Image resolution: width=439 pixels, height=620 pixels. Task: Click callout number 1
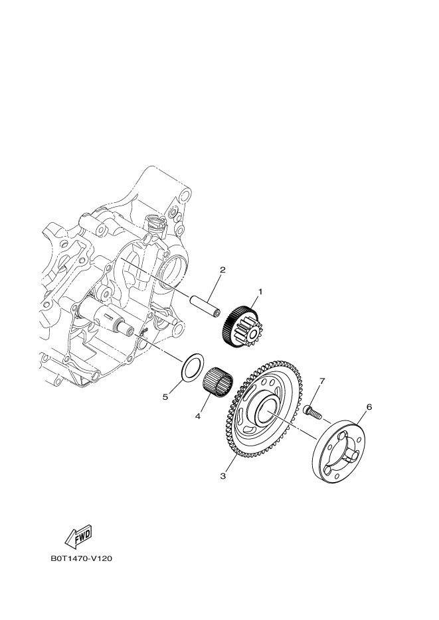(260, 291)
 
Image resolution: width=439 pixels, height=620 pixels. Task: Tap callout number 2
(222, 270)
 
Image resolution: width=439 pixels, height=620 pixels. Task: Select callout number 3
(223, 475)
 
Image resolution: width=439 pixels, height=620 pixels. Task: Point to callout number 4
(197, 416)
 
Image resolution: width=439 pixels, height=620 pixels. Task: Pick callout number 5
(166, 397)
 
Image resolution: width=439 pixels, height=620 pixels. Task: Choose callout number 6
(369, 407)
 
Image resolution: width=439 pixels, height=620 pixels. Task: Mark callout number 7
(322, 381)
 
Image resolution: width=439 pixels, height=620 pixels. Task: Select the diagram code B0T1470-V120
(81, 558)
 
